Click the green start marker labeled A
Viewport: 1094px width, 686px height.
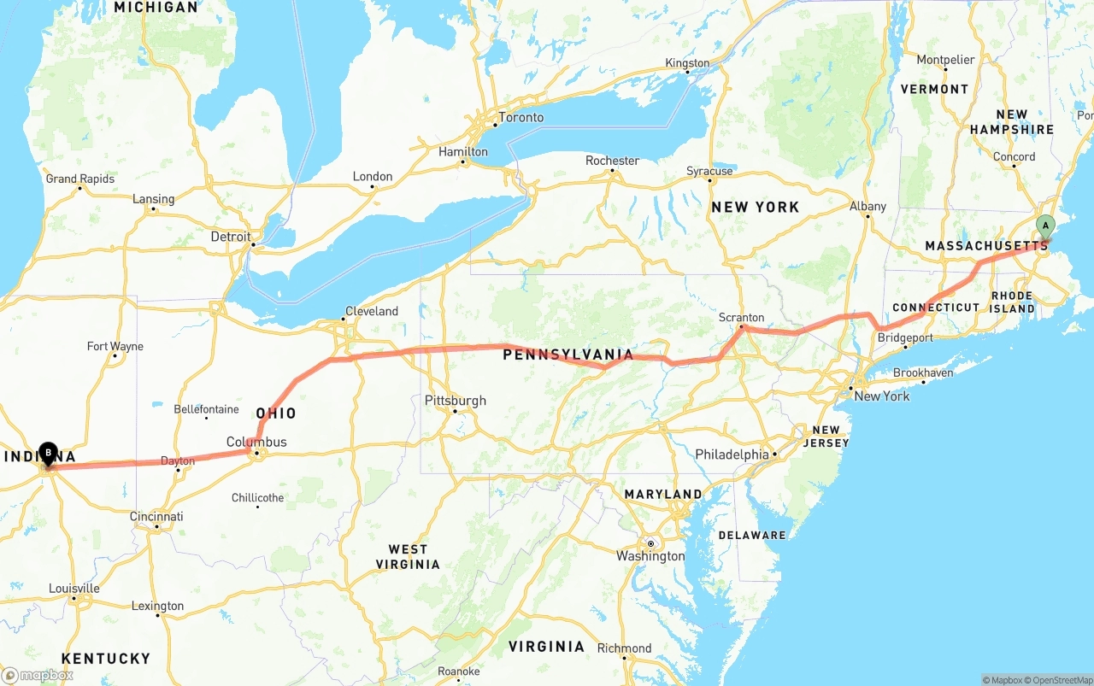(x=1044, y=226)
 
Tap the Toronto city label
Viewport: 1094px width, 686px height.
(x=521, y=118)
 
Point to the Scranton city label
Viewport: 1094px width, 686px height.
(x=741, y=318)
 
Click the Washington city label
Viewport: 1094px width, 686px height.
(x=650, y=556)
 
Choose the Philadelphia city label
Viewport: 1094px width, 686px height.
(x=732, y=454)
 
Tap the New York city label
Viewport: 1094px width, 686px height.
(x=882, y=396)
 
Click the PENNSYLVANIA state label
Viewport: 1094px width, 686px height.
(x=568, y=355)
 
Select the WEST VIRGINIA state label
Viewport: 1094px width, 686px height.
(x=414, y=557)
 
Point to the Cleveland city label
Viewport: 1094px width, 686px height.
(x=372, y=311)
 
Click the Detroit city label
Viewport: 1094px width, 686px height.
(x=232, y=237)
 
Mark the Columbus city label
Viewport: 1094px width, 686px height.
(x=256, y=443)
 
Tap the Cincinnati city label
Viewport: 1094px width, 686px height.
(x=156, y=516)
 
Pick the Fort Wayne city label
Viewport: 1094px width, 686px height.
(x=115, y=346)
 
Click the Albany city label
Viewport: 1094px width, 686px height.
(x=868, y=206)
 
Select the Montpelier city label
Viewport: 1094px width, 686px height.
(x=945, y=60)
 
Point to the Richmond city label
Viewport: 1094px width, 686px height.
(x=624, y=648)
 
